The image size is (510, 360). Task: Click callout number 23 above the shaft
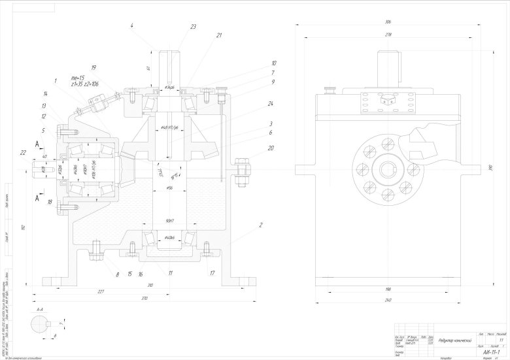tap(193, 27)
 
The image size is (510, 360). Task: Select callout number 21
tap(219, 35)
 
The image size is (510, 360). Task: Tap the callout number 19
tap(94, 67)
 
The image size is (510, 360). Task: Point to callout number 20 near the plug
tap(252, 148)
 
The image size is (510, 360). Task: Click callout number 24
tap(251, 103)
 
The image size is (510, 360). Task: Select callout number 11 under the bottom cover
tap(170, 273)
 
